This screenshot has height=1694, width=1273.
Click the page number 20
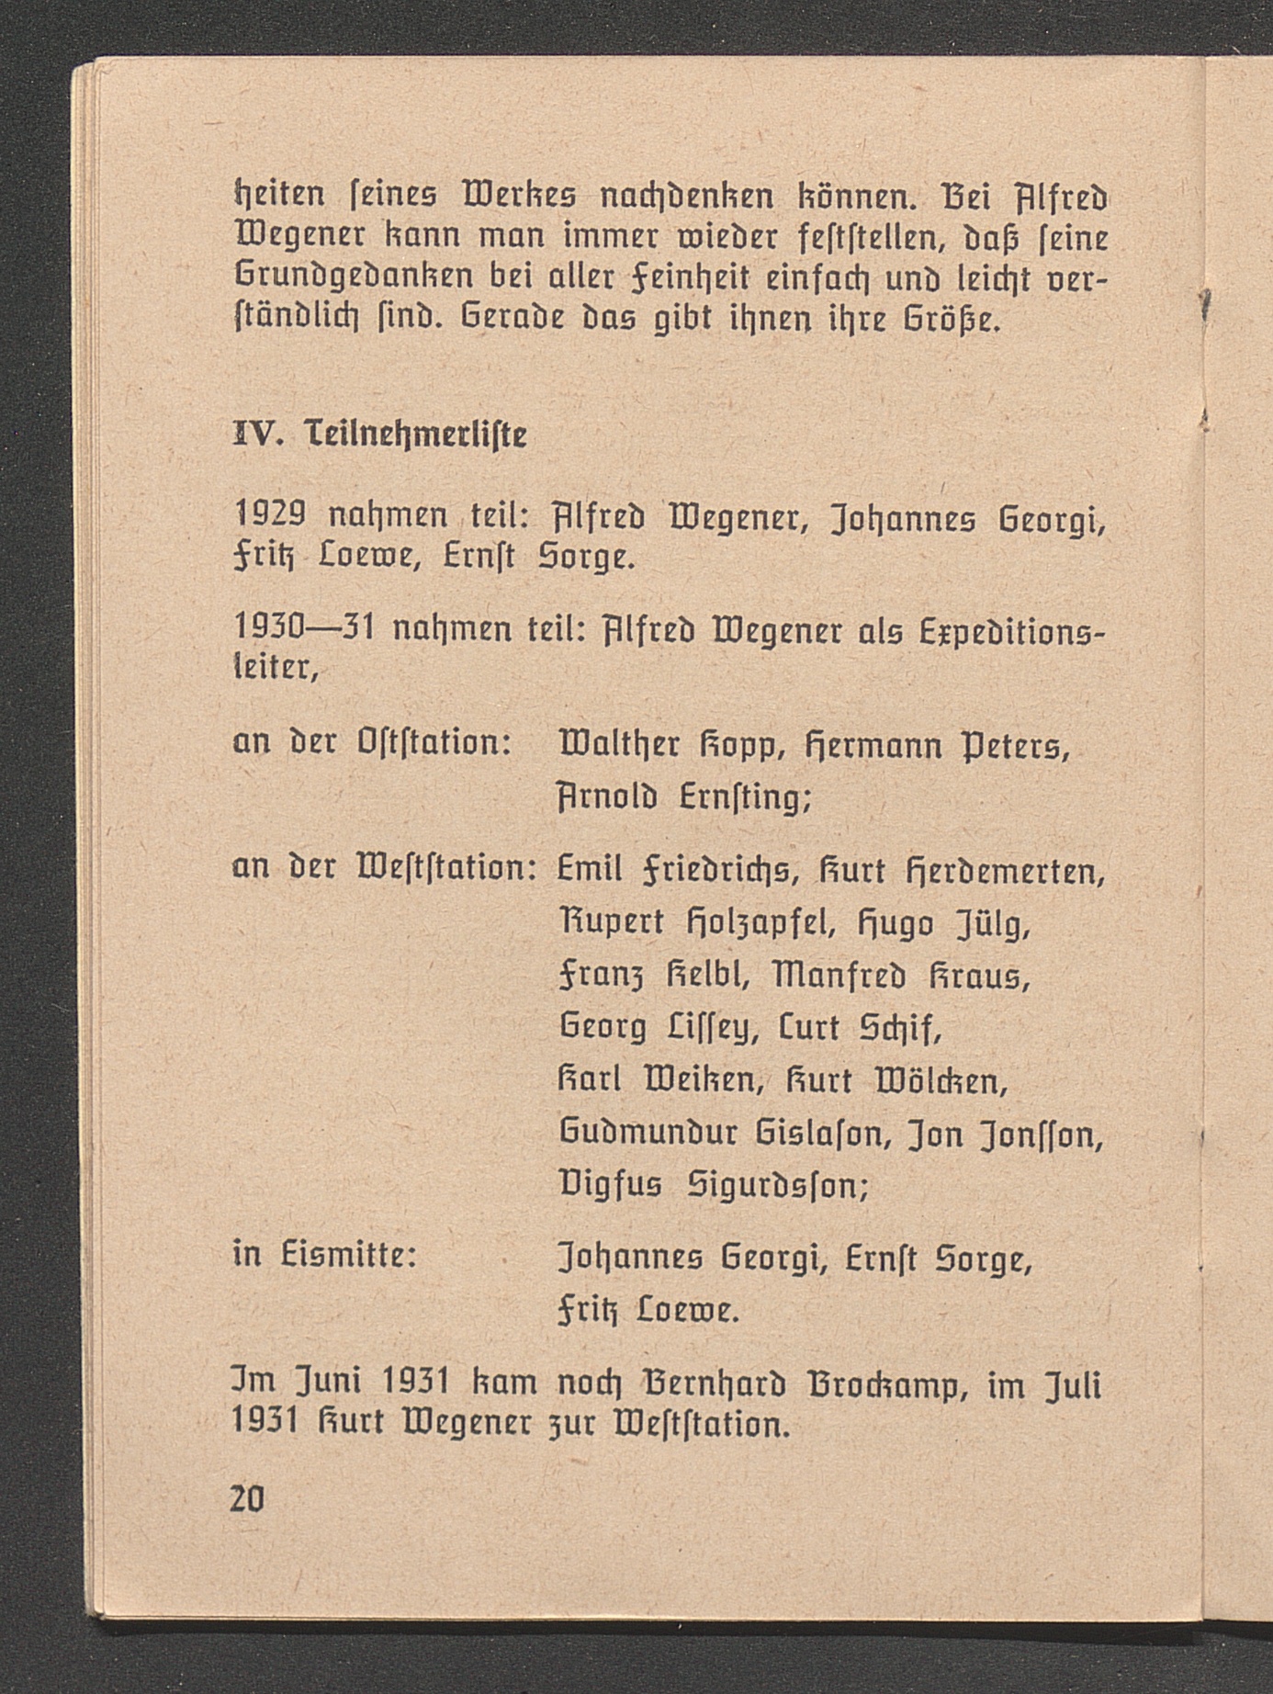[247, 1498]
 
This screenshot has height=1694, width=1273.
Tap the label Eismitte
[350, 1255]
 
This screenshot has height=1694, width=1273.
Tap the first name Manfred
[839, 974]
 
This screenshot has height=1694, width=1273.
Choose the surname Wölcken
[939, 1081]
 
